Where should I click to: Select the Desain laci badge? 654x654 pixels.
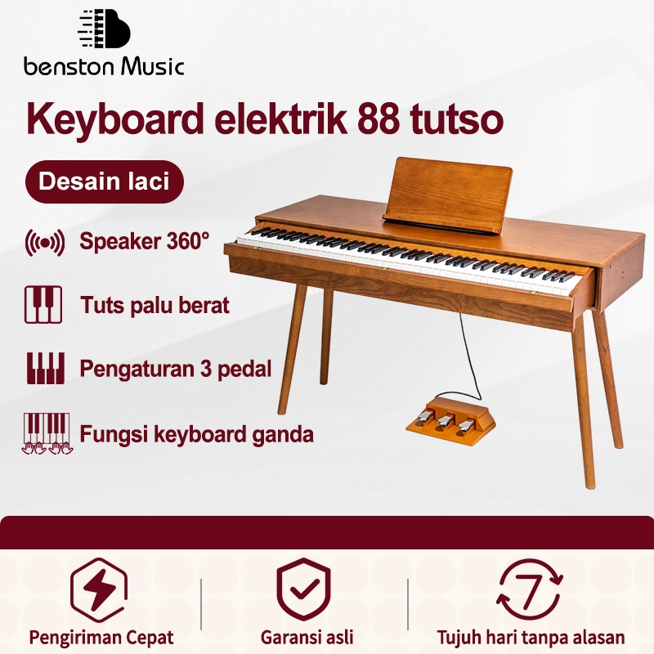click(x=104, y=181)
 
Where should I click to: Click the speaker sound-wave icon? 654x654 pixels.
click(x=45, y=243)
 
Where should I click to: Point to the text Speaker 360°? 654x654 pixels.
click(x=145, y=241)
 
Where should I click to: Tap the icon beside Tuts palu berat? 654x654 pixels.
click(x=43, y=305)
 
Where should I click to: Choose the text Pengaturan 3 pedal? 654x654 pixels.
click(x=175, y=369)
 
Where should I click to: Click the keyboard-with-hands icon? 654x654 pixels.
click(x=45, y=433)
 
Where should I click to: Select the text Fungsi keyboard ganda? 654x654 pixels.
click(x=196, y=433)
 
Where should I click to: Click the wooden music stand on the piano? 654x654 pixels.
click(x=448, y=191)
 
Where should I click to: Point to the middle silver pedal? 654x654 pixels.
click(x=445, y=420)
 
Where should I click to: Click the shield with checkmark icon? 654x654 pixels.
click(x=303, y=588)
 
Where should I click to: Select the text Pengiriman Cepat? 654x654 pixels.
click(x=101, y=637)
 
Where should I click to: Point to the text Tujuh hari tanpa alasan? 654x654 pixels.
click(x=531, y=637)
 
